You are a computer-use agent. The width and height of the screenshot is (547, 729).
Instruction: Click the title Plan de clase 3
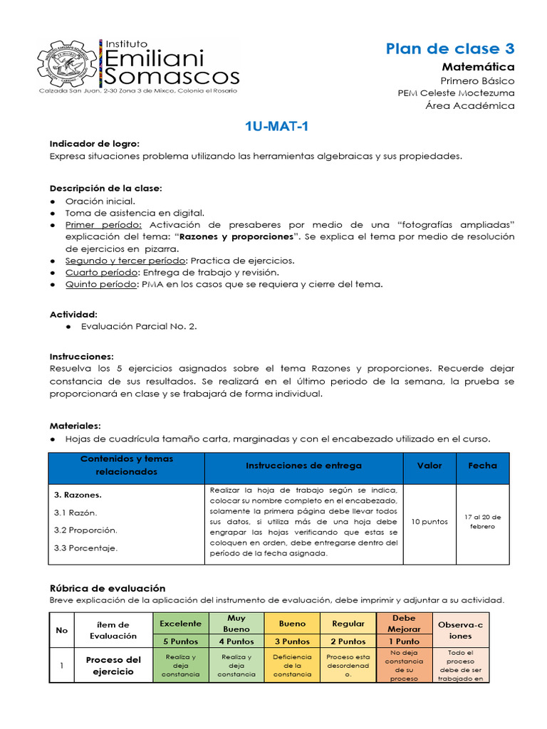(449, 48)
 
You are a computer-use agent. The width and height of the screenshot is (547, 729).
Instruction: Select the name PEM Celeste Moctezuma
(456, 93)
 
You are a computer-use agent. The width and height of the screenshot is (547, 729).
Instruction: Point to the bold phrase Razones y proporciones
(236, 236)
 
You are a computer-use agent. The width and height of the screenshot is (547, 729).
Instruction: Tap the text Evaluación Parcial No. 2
(139, 326)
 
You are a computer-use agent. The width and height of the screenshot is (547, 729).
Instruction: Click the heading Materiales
(75, 425)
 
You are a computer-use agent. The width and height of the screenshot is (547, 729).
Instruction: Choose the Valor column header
(429, 466)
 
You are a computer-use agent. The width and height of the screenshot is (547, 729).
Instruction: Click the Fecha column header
(482, 466)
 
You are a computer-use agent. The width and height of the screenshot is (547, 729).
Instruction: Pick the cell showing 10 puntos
(430, 521)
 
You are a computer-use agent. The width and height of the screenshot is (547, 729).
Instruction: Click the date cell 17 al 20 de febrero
(482, 521)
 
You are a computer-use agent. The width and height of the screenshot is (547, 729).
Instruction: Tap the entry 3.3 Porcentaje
(85, 547)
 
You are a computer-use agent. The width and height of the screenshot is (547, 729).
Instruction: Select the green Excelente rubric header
(180, 623)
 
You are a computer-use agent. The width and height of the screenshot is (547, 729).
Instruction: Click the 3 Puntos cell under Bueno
(292, 641)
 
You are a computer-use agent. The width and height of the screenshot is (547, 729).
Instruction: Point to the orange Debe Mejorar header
(403, 623)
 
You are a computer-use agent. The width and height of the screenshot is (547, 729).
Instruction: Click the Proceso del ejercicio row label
(114, 666)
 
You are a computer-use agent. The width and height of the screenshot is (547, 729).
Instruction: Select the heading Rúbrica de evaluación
(107, 588)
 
